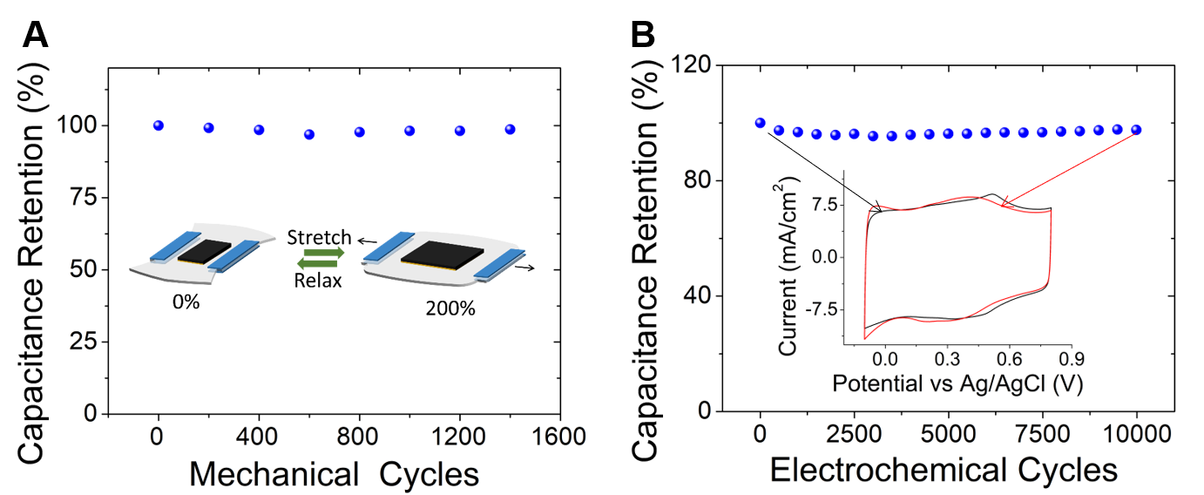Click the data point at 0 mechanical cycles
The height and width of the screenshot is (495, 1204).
158,125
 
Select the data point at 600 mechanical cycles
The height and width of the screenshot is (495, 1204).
309,134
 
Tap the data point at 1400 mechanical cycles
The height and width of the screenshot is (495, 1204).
510,129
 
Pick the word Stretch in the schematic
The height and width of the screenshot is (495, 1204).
319,237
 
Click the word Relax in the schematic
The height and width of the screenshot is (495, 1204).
319,280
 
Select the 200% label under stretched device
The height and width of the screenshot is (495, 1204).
450,308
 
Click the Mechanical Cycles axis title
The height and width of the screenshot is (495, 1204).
334,474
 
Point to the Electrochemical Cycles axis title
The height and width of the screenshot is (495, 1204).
944,471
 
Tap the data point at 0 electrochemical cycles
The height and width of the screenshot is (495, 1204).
760,123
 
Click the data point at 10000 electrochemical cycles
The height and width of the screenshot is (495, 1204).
1136,130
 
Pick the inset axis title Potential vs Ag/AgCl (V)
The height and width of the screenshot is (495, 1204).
957,383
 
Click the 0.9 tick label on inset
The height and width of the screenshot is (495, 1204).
1071,357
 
